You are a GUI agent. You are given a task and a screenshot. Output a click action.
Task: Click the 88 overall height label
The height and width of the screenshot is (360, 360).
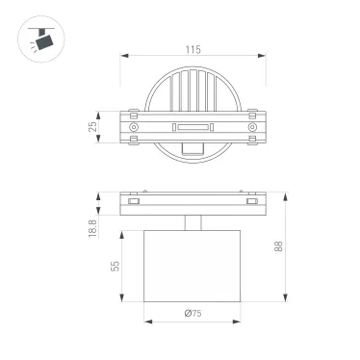click(x=279, y=246)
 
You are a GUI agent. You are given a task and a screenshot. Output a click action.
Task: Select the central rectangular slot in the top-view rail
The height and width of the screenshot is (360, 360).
click(x=193, y=127)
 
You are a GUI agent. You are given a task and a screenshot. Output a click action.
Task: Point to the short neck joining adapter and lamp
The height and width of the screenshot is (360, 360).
click(x=193, y=224)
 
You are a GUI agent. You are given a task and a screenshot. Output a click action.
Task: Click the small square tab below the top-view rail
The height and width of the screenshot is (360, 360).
click(x=193, y=147)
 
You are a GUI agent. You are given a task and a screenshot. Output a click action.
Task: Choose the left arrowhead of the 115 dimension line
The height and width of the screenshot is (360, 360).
click(x=123, y=55)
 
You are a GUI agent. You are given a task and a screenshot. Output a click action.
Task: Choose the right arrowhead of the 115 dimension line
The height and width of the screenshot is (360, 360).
click(x=264, y=55)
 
